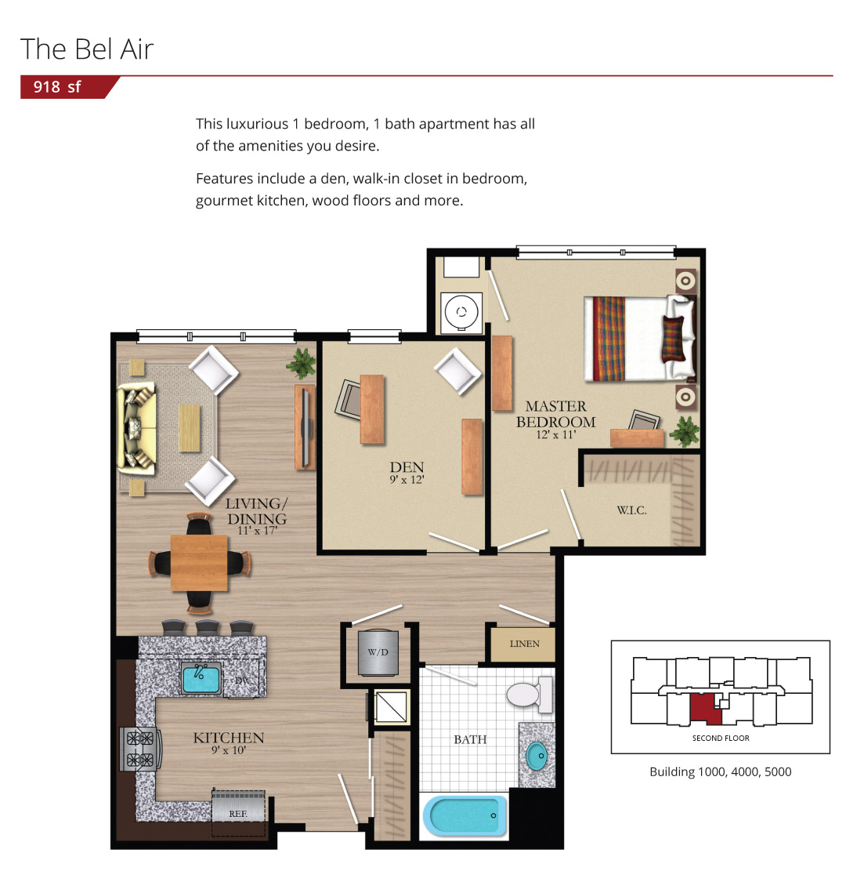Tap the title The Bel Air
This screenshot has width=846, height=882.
[87, 49]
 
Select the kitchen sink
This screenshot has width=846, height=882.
[201, 678]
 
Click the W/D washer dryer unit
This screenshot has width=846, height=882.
[378, 652]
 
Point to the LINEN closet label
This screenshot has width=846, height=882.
[525, 644]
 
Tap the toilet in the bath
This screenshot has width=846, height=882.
[530, 695]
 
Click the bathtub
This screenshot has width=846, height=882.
[465, 815]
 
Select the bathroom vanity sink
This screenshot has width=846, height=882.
[537, 756]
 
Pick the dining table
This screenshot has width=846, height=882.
[199, 563]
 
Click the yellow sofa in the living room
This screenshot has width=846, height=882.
[136, 430]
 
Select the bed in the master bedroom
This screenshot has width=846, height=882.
[640, 338]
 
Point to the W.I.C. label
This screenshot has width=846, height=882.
[632, 510]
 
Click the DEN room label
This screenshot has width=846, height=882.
[407, 467]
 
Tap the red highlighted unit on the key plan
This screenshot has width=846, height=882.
[706, 709]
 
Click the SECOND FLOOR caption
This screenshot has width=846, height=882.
[721, 738]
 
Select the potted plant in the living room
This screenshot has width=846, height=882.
[302, 363]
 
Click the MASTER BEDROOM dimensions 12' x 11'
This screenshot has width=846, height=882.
[556, 435]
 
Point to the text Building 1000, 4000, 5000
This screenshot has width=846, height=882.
[721, 771]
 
